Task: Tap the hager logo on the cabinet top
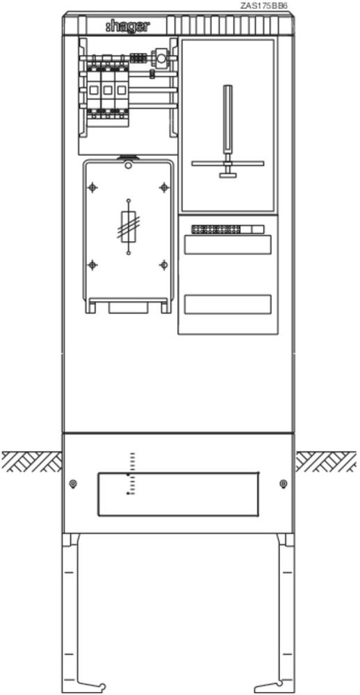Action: (128, 27)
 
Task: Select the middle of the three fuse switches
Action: (107, 89)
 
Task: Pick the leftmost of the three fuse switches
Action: (94, 89)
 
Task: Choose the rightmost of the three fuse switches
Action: (120, 89)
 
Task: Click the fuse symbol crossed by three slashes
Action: (129, 227)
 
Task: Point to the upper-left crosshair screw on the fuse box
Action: (92, 188)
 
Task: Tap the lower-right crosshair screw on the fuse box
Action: (163, 265)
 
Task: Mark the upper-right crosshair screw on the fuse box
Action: (163, 188)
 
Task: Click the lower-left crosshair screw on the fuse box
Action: (92, 265)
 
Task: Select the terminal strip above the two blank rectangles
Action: (228, 229)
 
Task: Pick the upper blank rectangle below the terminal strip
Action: (227, 245)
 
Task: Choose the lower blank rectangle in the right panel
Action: (227, 304)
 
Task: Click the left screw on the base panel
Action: (74, 483)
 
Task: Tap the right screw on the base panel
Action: (284, 483)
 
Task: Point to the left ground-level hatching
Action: (31, 461)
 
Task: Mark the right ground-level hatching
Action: (326, 461)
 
